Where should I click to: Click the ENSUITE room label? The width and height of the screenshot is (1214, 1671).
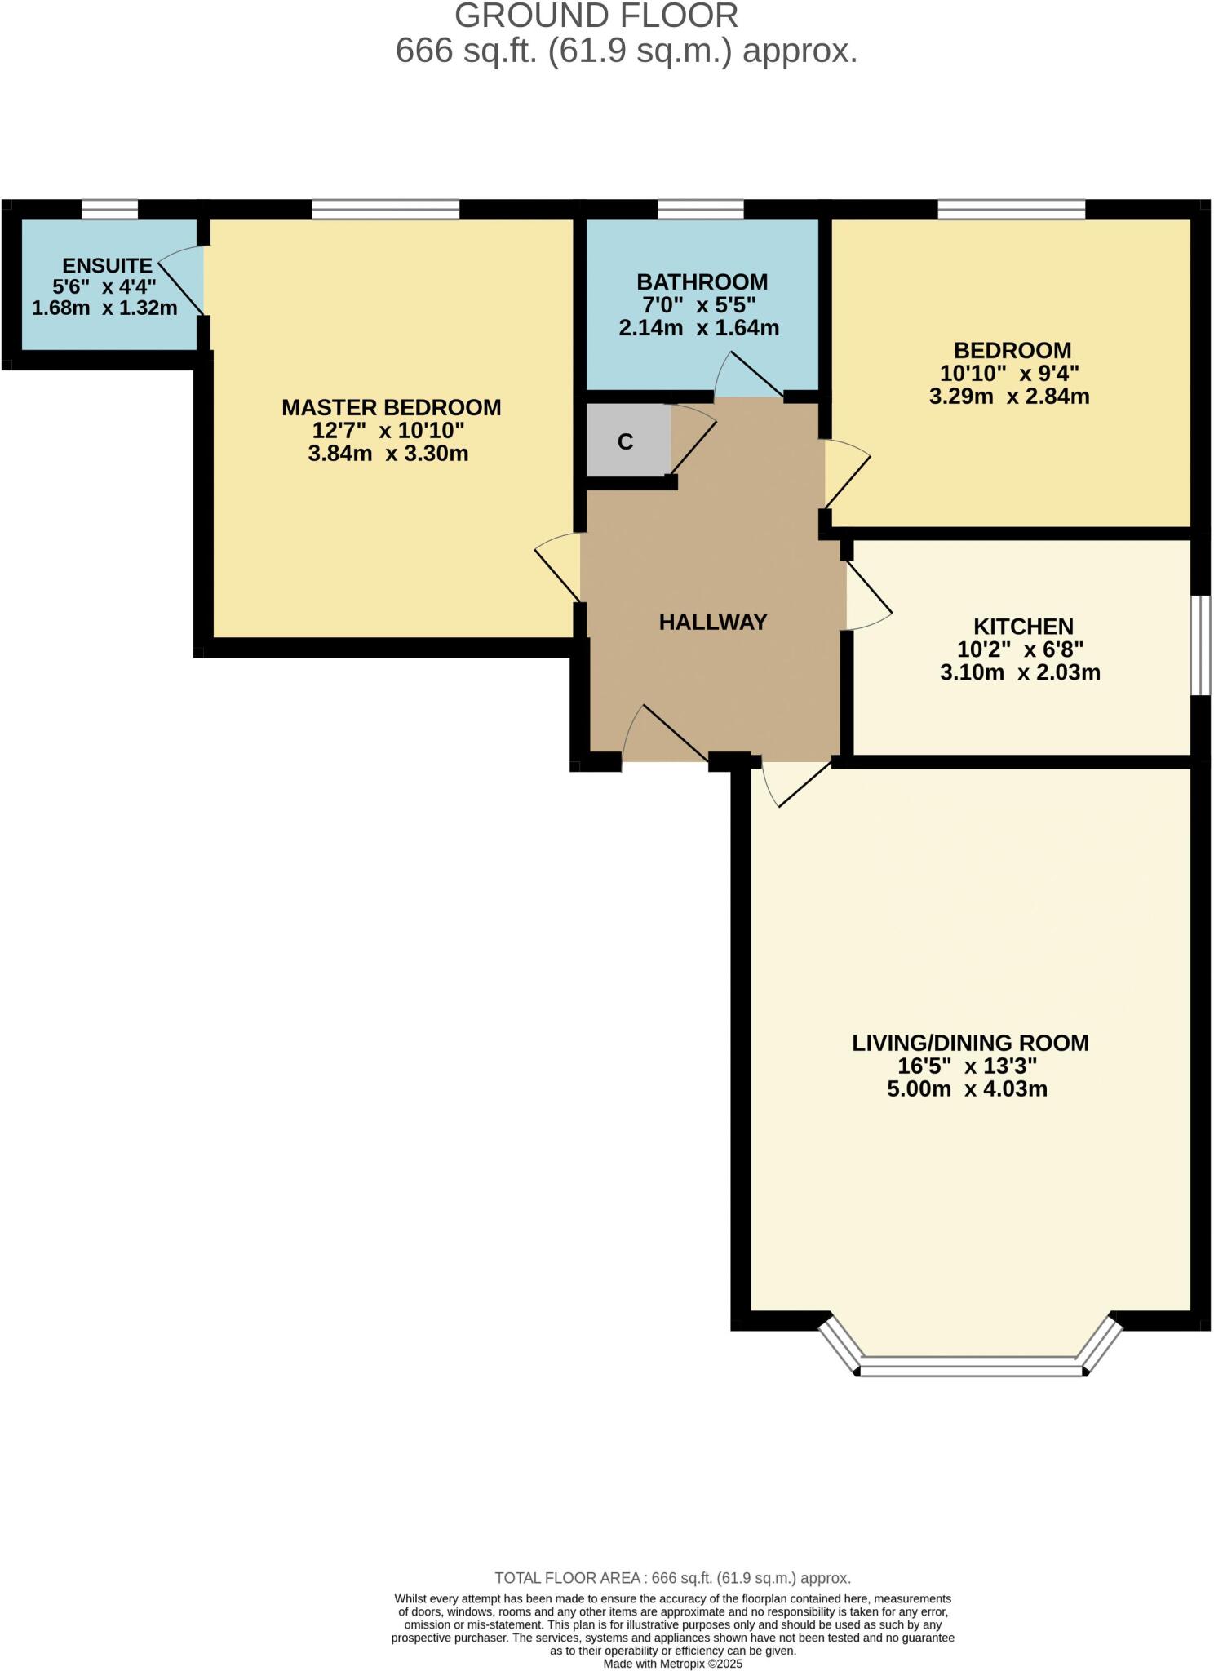click(107, 265)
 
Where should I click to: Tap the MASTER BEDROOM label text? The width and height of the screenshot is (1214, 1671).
click(391, 407)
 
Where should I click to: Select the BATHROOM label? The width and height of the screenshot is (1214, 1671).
click(702, 282)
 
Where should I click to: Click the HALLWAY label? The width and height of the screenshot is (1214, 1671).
click(713, 623)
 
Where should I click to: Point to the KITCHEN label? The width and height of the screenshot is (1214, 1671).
click(1023, 627)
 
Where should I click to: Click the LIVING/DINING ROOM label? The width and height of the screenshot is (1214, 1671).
click(970, 1043)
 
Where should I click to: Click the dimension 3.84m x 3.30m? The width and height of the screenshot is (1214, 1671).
click(388, 454)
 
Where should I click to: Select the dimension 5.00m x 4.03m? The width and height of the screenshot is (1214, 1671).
click(967, 1088)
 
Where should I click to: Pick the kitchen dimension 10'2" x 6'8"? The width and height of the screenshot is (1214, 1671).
click(1020, 649)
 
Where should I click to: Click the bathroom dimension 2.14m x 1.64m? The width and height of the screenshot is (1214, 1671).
click(699, 328)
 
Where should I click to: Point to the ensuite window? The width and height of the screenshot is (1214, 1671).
click(109, 211)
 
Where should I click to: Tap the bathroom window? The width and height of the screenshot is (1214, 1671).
click(701, 211)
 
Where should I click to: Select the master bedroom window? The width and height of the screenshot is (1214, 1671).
click(386, 211)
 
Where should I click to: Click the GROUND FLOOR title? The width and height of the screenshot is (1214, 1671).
click(596, 16)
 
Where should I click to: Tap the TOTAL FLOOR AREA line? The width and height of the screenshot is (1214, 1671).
click(672, 1578)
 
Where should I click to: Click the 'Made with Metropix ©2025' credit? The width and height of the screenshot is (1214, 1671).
click(673, 1663)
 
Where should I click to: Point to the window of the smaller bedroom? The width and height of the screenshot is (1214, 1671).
click(1012, 211)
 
